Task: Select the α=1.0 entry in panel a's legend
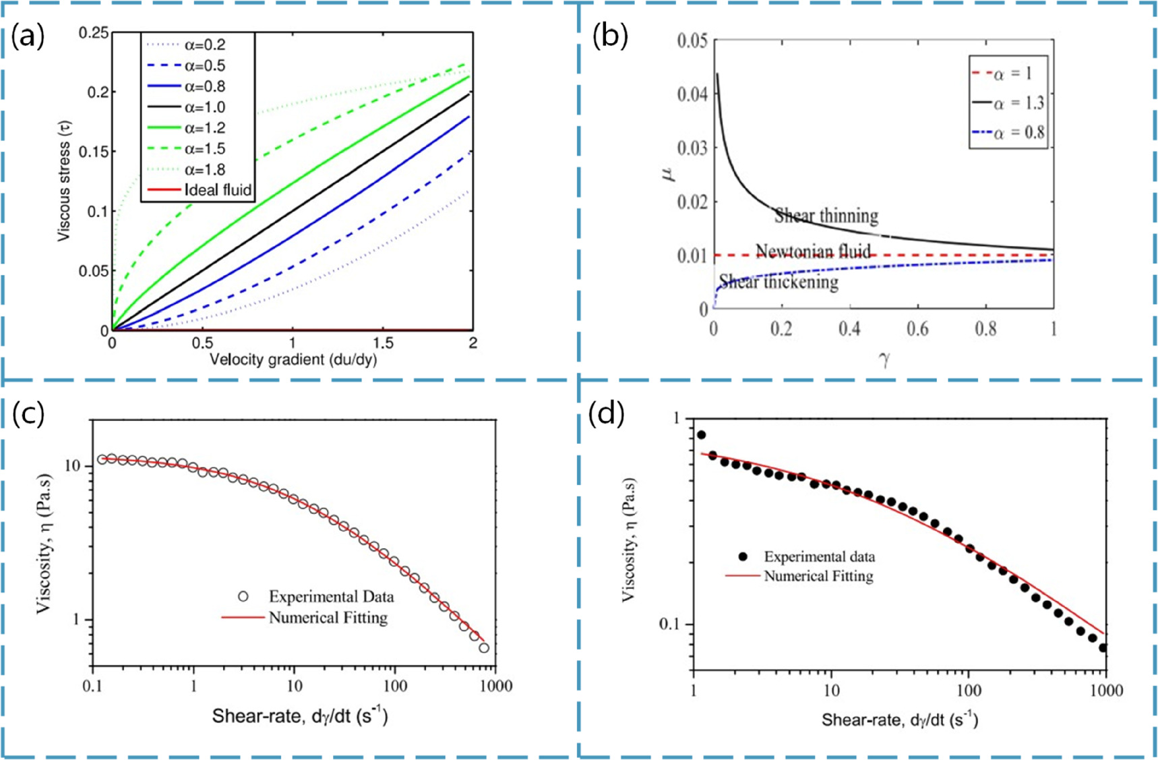coord(205,107)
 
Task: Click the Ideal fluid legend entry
coord(218,190)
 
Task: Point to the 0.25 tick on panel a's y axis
coord(94,33)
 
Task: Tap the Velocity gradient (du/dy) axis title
coord(293,359)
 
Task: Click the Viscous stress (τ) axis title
coord(64,181)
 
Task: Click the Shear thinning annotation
coord(826,216)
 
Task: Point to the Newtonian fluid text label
coord(813,252)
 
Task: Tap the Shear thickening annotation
coord(779,282)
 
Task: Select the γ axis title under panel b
coord(884,360)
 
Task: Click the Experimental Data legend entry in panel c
coord(331,596)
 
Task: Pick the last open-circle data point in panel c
coord(484,648)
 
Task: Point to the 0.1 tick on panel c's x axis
coord(92,686)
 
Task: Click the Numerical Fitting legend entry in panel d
coord(818,576)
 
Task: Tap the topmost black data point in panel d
coord(701,435)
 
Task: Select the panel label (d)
coord(606,413)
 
